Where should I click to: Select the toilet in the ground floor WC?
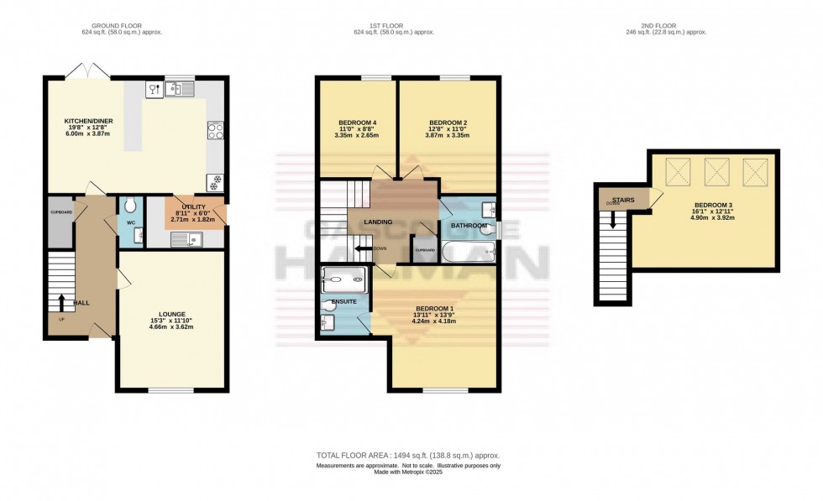pos(128,206)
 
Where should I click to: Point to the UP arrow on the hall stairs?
pos(60,302)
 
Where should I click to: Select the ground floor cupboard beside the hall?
pos(60,222)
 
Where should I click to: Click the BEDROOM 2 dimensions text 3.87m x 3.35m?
pos(446,135)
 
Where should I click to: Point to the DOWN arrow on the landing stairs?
pos(364,248)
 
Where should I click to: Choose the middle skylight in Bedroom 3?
pos(716,173)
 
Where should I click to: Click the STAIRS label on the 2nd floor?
pos(622,200)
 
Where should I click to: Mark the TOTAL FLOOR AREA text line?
pos(408,455)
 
